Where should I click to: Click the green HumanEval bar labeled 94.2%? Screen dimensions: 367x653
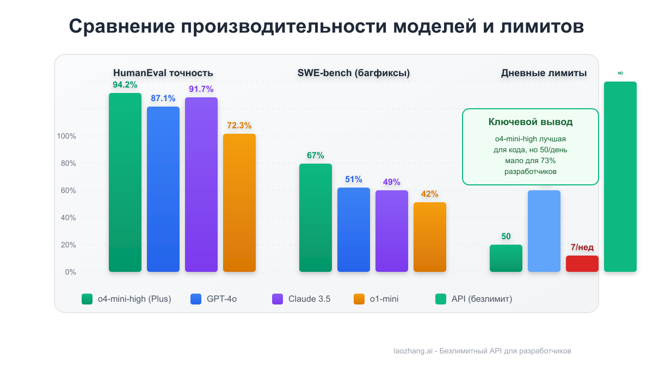pos(125,182)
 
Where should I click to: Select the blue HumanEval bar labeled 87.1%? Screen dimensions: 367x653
pos(163,189)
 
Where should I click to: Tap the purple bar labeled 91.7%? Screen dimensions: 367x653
pos(201,184)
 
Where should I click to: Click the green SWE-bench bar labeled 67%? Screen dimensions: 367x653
pos(316,217)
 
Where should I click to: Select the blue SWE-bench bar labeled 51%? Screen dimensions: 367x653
pos(354,229)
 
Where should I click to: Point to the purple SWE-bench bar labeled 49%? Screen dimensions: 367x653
pos(392,231)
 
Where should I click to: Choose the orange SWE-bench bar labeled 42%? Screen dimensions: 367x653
pos(430,237)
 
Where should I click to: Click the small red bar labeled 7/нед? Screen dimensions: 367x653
pos(582,264)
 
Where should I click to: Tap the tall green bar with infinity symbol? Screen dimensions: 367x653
pos(620,177)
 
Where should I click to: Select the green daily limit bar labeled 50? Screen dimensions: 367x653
pos(506,258)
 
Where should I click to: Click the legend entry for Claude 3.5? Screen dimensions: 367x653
pos(302,299)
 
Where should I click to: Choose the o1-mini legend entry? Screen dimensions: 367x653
pos(376,299)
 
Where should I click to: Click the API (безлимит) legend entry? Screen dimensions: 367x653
pos(474,299)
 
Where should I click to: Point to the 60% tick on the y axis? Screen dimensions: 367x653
pos(66,190)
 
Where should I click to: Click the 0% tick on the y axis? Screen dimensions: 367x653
pos(70,272)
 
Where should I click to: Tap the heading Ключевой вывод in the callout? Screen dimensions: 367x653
pos(530,122)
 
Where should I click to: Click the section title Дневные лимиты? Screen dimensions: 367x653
pos(544,73)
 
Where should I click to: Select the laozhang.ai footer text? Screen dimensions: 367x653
pos(482,351)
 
